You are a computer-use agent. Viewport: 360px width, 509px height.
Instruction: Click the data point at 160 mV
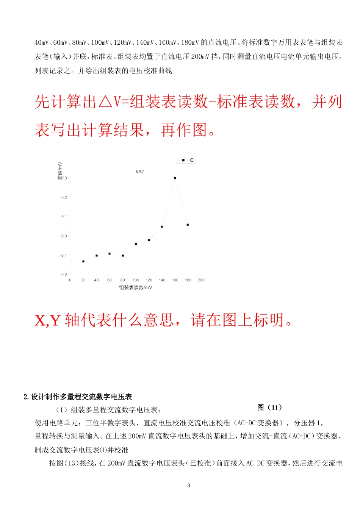click(x=175, y=178)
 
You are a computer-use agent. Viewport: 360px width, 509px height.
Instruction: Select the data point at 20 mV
click(x=83, y=261)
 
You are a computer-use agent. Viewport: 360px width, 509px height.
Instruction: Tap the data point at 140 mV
click(x=162, y=227)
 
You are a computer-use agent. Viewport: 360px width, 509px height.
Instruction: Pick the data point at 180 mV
click(x=188, y=225)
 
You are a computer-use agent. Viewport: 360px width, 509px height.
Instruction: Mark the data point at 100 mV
click(x=136, y=244)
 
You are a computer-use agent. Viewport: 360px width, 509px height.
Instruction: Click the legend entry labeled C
click(x=186, y=160)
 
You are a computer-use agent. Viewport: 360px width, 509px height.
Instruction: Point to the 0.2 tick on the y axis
click(x=64, y=197)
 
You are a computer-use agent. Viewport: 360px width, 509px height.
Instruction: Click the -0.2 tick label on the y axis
click(x=63, y=275)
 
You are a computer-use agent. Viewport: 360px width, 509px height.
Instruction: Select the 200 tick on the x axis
click(x=201, y=280)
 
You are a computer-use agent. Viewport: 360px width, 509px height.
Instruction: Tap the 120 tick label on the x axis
click(x=149, y=280)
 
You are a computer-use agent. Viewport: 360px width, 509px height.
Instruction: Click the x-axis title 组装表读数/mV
click(x=136, y=287)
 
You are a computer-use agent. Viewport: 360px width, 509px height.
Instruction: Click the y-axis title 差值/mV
click(x=60, y=170)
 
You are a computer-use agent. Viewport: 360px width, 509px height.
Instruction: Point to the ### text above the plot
click(x=140, y=172)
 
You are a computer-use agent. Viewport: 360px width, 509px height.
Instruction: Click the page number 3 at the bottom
click(x=189, y=486)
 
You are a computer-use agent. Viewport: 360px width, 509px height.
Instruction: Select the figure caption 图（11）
click(x=269, y=408)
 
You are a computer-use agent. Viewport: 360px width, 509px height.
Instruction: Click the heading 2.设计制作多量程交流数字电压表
click(x=78, y=397)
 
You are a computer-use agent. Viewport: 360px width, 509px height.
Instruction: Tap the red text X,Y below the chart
click(x=47, y=320)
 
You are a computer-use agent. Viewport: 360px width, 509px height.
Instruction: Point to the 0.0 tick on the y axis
click(x=64, y=236)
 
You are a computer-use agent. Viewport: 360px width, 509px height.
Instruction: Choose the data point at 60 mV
click(x=110, y=254)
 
